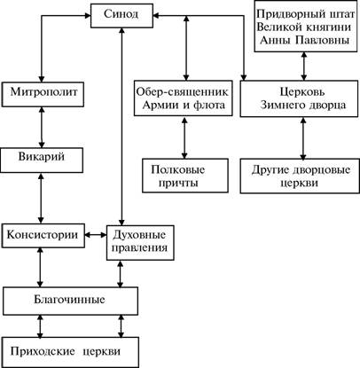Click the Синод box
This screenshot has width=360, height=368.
[x=121, y=16]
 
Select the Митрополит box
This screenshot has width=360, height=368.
[x=43, y=94]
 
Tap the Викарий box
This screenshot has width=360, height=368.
[x=42, y=160]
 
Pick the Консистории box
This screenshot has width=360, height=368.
[x=43, y=236]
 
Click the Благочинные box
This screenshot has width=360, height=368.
[x=70, y=301]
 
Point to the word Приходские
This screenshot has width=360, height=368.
[x=43, y=352]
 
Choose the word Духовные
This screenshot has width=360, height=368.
[x=139, y=235]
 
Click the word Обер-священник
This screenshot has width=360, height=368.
[x=183, y=92]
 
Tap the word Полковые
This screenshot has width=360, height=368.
[x=178, y=169]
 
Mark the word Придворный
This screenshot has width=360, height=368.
[x=287, y=14]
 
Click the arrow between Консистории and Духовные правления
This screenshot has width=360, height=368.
[x=96, y=235]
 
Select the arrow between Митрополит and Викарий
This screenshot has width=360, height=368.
[x=42, y=128]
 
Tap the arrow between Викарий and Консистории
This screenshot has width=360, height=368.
[x=41, y=198]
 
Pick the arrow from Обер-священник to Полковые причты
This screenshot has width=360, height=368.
[x=184, y=137]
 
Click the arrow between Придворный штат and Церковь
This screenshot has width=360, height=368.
[x=304, y=67]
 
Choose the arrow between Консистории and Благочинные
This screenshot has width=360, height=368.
[x=40, y=267]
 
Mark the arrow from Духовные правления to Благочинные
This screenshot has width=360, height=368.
[x=120, y=273]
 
